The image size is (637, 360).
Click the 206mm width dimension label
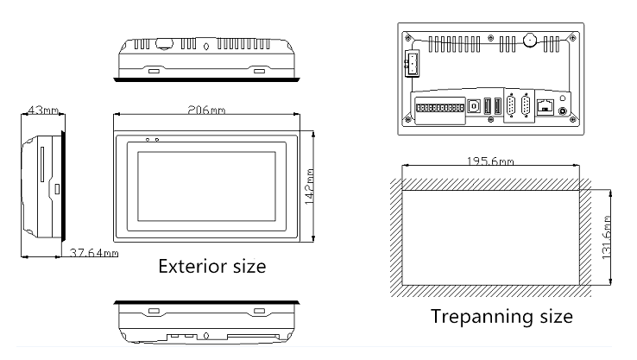(x=206, y=110)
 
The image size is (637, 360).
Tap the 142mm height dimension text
(x=309, y=186)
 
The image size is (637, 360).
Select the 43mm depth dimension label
(x=42, y=111)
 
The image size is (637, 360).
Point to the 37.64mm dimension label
(x=94, y=253)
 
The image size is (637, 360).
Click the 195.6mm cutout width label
(x=490, y=161)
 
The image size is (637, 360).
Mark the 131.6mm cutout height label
(x=606, y=237)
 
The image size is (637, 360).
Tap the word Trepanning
(x=482, y=317)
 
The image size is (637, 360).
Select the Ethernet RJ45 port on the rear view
(x=546, y=106)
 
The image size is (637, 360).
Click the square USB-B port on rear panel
(x=473, y=106)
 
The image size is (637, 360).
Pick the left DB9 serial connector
(x=512, y=105)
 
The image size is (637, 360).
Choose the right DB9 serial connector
(x=526, y=105)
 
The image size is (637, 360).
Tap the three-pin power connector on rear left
(x=411, y=63)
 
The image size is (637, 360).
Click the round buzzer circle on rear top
(x=530, y=40)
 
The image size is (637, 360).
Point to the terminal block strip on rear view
(x=440, y=108)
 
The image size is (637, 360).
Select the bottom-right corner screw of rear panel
(x=573, y=119)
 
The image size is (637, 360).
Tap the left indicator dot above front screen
(x=148, y=140)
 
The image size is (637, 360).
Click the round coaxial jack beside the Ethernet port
(x=563, y=111)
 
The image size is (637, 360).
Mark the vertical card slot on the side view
(x=41, y=165)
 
